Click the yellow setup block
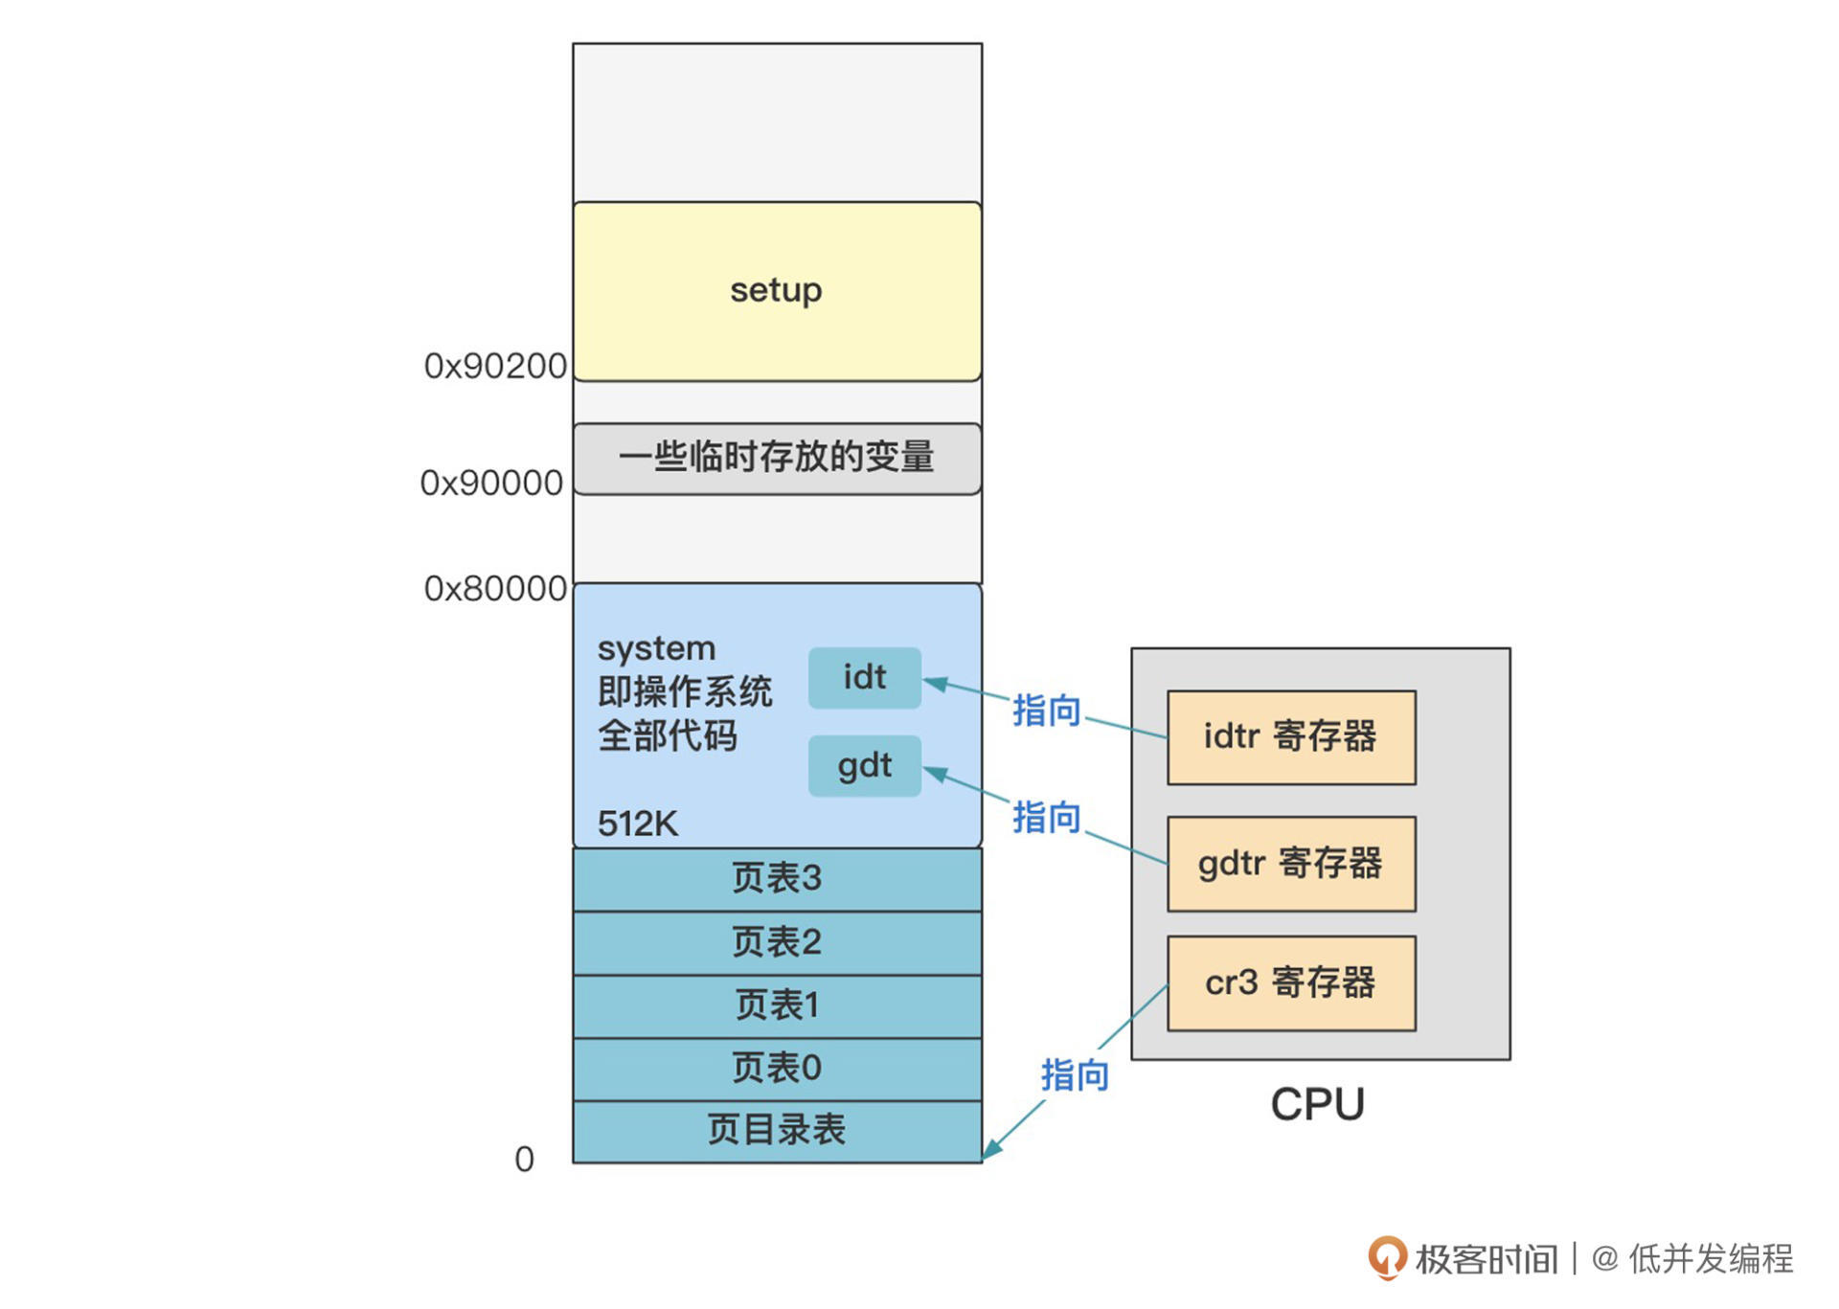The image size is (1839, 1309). (776, 291)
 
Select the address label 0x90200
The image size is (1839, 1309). (495, 366)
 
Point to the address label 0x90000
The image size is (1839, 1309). (491, 483)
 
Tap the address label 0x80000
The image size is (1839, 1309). (495, 588)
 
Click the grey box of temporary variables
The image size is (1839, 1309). (776, 458)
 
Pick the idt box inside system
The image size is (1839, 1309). (864, 678)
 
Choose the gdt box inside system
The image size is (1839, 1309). (864, 766)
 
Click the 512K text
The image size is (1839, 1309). (637, 824)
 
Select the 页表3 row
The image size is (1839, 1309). (776, 878)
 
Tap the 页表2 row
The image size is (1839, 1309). (776, 942)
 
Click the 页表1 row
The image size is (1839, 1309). (776, 1005)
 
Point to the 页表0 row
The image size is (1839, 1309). (776, 1068)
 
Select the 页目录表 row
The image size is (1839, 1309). (776, 1130)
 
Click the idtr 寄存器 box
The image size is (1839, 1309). (1290, 736)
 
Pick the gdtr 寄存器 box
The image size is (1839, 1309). (1290, 863)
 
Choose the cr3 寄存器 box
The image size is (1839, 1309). (1290, 982)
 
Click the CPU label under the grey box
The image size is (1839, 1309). (1317, 1104)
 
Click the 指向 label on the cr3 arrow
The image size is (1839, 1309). (1075, 1075)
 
